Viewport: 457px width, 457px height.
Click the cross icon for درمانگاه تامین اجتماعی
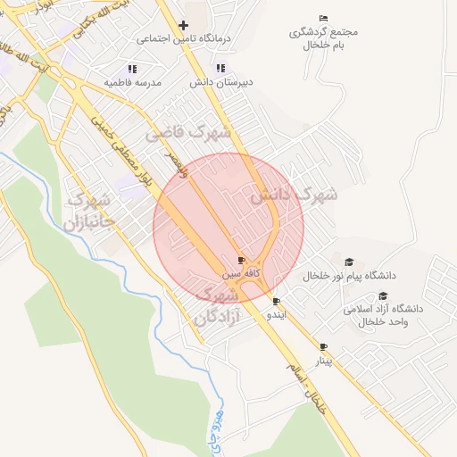[183, 25]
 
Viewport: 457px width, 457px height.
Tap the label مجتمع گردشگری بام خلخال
[323, 37]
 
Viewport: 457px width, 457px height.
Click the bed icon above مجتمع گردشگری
[323, 18]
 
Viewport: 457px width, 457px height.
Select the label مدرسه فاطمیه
[133, 82]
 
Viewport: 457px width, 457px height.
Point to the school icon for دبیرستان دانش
[220, 68]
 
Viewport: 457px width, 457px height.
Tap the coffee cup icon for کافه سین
[241, 259]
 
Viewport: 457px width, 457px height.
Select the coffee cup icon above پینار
[323, 346]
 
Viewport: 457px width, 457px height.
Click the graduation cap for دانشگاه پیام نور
[350, 262]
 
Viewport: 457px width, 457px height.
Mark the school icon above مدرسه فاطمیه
[132, 68]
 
